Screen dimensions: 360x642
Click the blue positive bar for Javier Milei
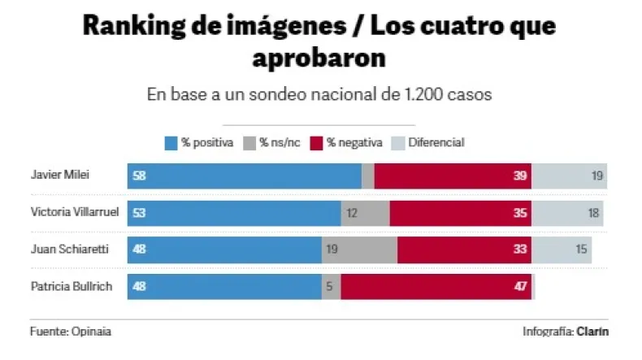[x=244, y=176]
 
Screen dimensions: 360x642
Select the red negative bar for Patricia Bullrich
[x=435, y=287]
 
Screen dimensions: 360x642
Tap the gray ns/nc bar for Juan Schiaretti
[x=359, y=250]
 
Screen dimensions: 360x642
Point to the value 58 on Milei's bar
[x=139, y=176]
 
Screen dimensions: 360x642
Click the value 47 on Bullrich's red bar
[x=520, y=287]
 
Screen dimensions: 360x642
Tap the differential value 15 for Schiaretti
[x=582, y=250]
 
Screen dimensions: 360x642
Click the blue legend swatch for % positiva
[x=171, y=142]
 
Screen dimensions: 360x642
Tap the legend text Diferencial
[x=436, y=142]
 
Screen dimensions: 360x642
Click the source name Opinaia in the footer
[x=92, y=332]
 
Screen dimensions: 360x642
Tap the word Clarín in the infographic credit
[x=594, y=332]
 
